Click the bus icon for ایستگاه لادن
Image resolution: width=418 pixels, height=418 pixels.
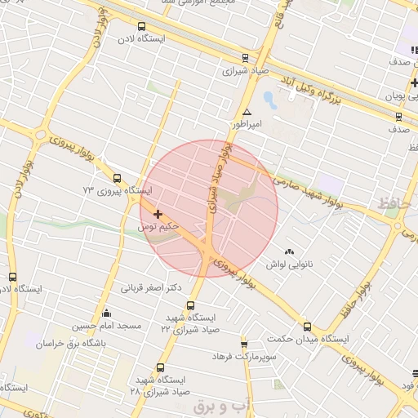[x=142, y=26]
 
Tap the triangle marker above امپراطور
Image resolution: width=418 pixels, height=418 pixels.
[x=247, y=112]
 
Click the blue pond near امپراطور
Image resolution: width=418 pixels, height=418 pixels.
[x=269, y=101]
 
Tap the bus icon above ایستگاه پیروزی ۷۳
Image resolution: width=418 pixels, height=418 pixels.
[x=117, y=178]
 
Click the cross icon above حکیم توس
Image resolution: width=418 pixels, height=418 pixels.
[x=158, y=214]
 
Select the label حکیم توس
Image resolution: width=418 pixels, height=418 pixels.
[x=158, y=226]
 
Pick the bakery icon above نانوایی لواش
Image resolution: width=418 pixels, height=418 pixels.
[x=289, y=251]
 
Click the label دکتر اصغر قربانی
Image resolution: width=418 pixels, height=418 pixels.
[x=151, y=287]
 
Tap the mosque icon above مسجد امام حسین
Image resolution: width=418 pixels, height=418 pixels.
[x=106, y=313]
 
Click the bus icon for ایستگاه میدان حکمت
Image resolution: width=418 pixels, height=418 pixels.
[x=307, y=326]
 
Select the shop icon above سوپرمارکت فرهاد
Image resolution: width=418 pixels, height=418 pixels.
[x=243, y=345]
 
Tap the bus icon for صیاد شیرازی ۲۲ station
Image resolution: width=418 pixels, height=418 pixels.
[x=191, y=305]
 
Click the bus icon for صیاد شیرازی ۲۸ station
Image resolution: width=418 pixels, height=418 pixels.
[x=160, y=368]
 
